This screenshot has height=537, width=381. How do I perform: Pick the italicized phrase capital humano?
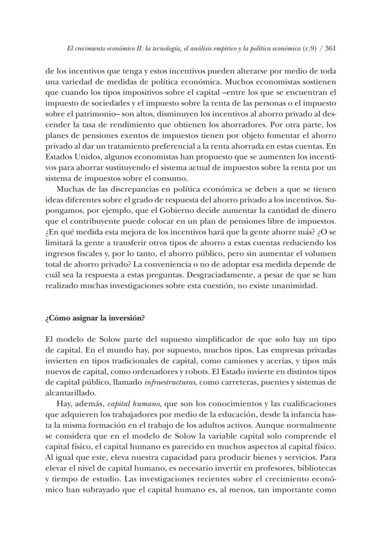click(x=134, y=404)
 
